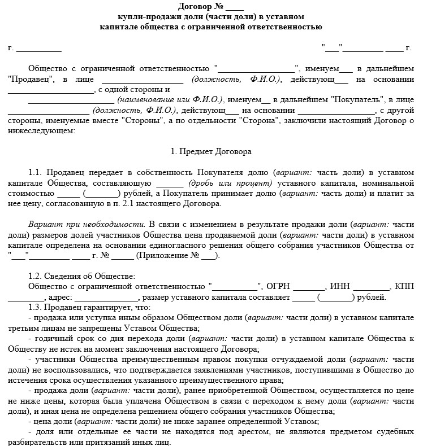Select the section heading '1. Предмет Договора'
[x=211, y=151]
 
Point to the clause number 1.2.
[x=36, y=276]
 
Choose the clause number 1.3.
[x=36, y=308]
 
